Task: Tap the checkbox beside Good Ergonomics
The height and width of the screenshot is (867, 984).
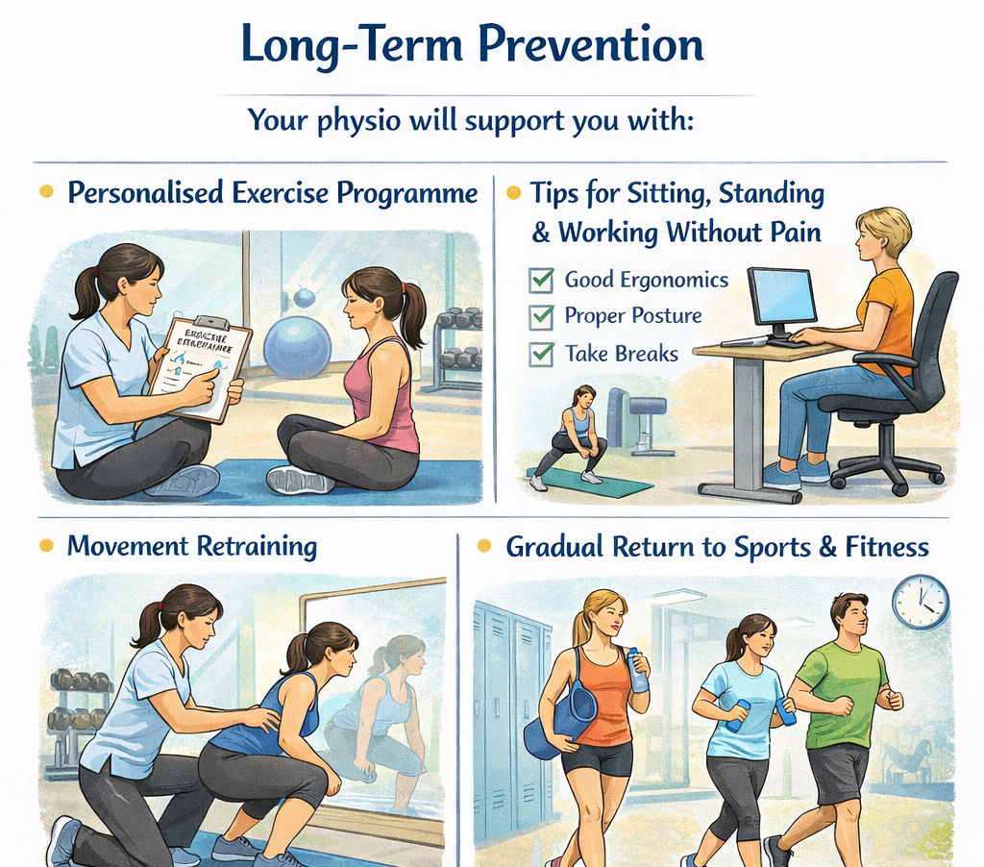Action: [x=542, y=281]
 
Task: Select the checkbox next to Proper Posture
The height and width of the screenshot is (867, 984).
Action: [x=542, y=316]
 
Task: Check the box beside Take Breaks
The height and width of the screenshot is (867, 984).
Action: [x=542, y=353]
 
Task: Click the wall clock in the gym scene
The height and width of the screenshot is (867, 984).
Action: [x=920, y=602]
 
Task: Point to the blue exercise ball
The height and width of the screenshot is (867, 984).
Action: [x=297, y=347]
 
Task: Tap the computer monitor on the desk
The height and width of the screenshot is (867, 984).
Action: [x=782, y=298]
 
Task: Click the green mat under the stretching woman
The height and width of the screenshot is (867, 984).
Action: [x=589, y=480]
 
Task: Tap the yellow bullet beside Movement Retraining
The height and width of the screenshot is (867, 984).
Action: [x=45, y=546]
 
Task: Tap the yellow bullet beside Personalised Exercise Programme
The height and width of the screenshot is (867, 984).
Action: [x=45, y=192]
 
